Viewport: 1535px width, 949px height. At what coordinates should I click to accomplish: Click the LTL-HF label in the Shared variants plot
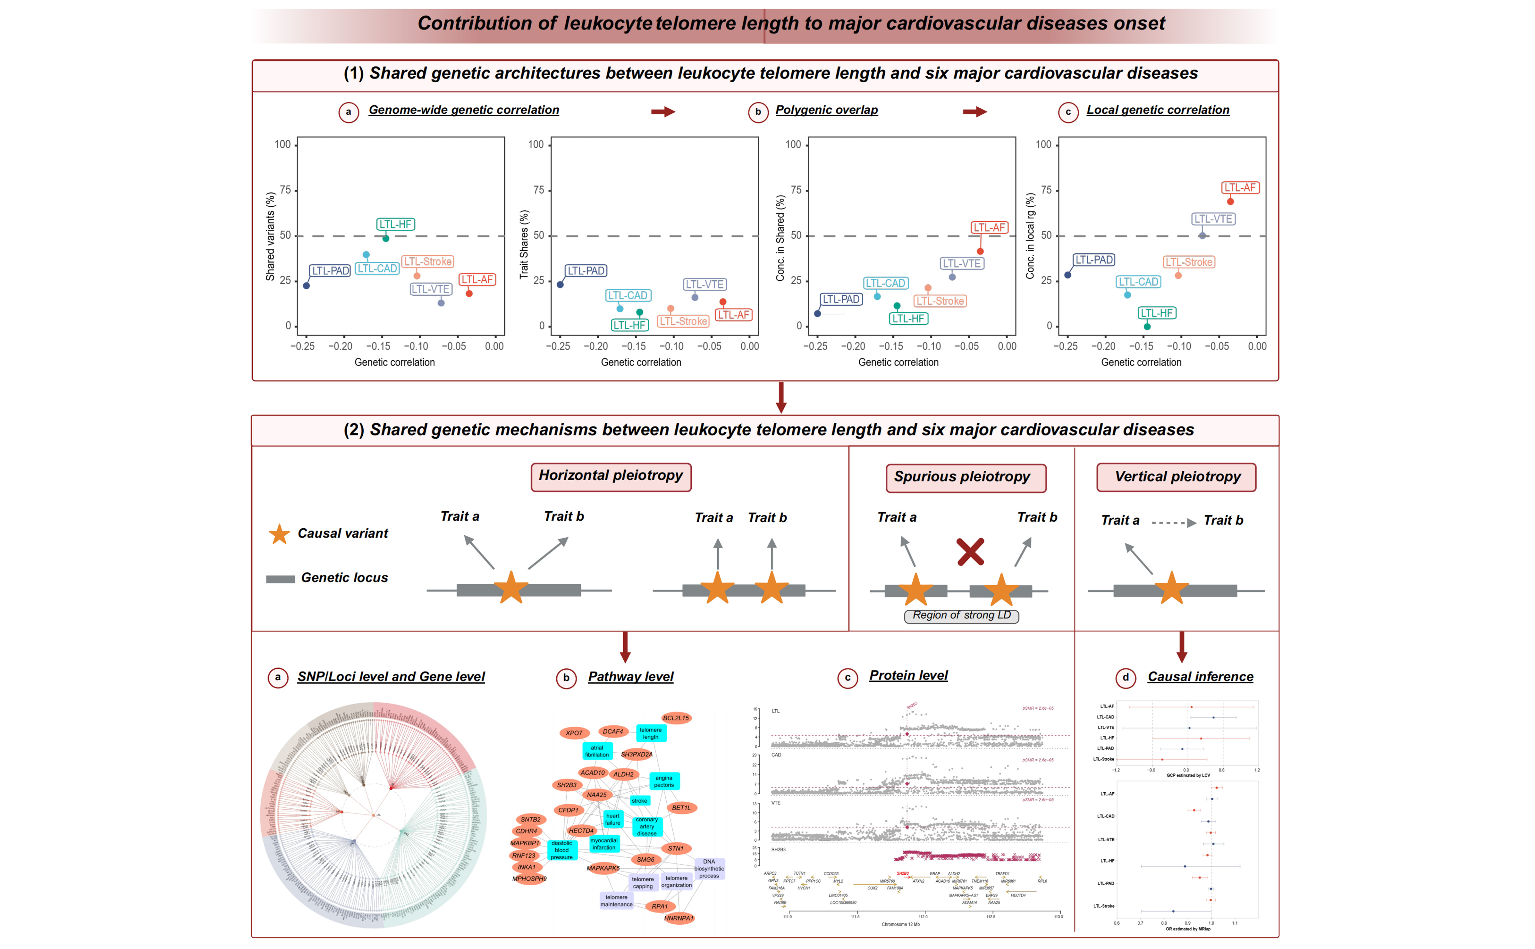point(396,224)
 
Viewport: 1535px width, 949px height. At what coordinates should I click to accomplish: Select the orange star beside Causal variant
point(279,534)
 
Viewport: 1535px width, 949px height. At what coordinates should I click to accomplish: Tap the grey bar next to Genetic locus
point(280,579)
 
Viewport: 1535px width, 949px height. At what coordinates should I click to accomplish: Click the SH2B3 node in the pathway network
point(567,785)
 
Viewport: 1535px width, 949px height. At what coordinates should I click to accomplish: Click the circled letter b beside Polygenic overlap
point(758,112)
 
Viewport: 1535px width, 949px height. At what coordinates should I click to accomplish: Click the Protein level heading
point(908,675)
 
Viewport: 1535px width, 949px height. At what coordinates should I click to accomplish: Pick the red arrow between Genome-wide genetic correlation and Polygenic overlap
point(662,112)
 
